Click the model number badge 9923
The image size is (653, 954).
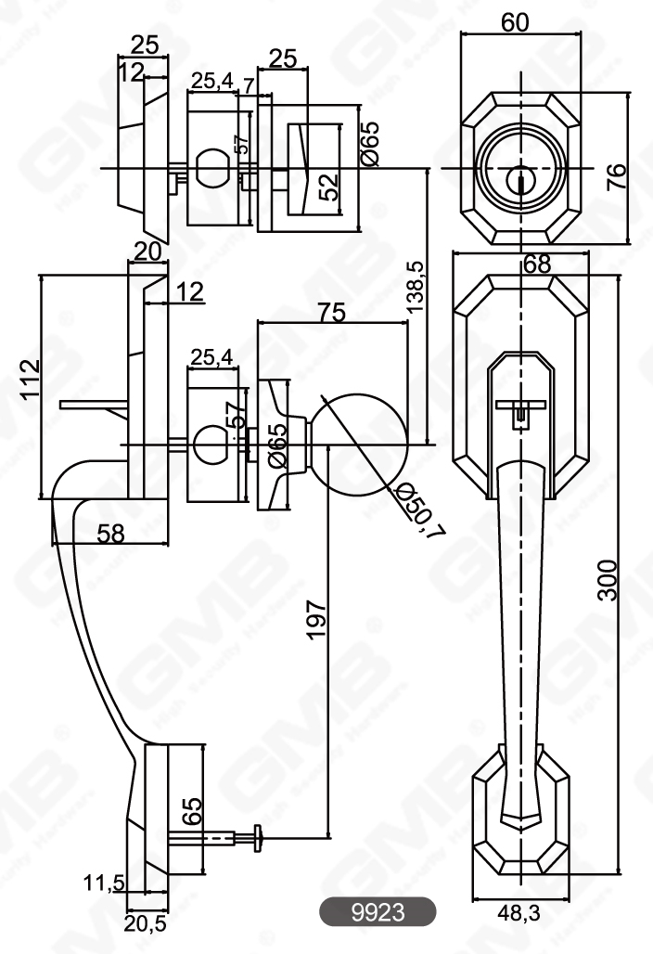click(378, 912)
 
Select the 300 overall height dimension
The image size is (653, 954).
click(607, 580)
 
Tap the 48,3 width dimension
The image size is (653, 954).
click(519, 915)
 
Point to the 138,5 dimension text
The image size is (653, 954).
click(416, 286)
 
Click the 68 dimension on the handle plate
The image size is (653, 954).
click(536, 264)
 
